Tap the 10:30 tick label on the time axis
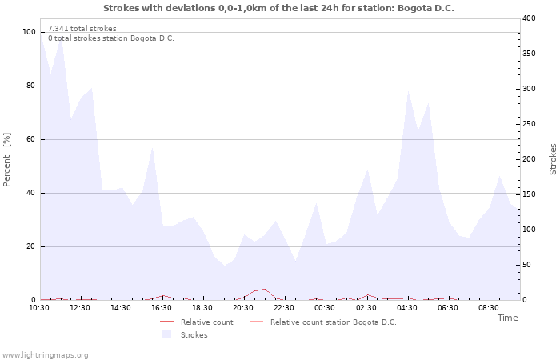coord(39,308)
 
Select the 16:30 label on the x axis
coord(162,308)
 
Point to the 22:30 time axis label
coord(284,308)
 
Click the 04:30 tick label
coord(407,308)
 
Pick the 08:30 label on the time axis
coord(489,308)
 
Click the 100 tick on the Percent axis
coord(30,32)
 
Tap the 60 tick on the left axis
coord(32,139)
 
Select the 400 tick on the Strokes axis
coord(529,18)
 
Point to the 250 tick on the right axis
coord(529,124)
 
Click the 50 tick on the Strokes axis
coord(527,265)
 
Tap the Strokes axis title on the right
coord(553,159)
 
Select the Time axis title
coord(507,318)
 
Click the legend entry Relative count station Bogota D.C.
coord(333,322)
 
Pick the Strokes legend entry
coord(194,335)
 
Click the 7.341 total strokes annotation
coord(82,28)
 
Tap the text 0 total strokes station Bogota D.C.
coord(111,38)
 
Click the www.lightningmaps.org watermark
coord(45,354)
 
